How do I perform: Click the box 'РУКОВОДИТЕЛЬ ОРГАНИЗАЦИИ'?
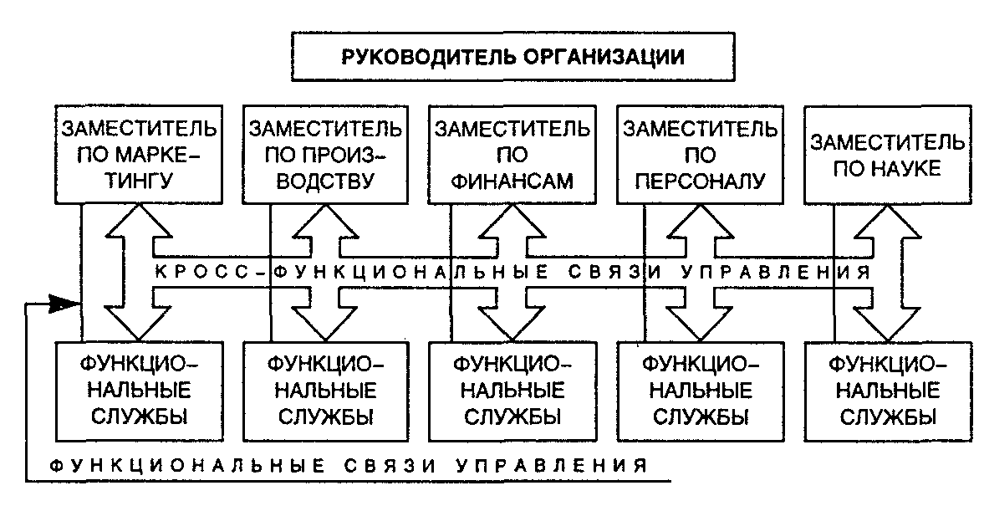pos(513,58)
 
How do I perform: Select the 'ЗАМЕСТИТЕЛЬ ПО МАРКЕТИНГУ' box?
pos(138,155)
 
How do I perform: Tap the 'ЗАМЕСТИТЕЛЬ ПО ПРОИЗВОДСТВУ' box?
pos(324,155)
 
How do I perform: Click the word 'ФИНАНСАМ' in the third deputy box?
pos(512,180)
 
